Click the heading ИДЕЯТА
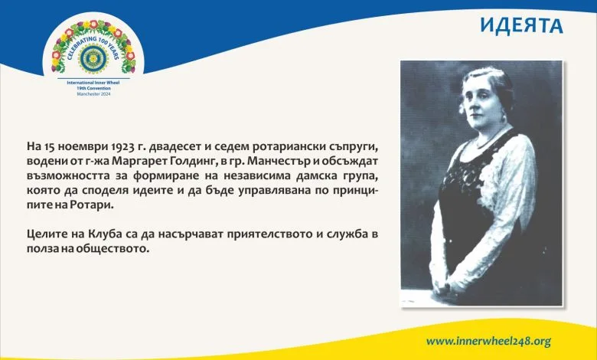[x=521, y=25]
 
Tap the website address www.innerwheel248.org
[x=488, y=342]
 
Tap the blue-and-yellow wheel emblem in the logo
[x=93, y=59]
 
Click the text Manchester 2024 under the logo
[x=93, y=93]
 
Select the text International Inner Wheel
[x=93, y=83]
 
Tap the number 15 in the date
[x=44, y=146]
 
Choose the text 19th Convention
[x=93, y=88]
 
